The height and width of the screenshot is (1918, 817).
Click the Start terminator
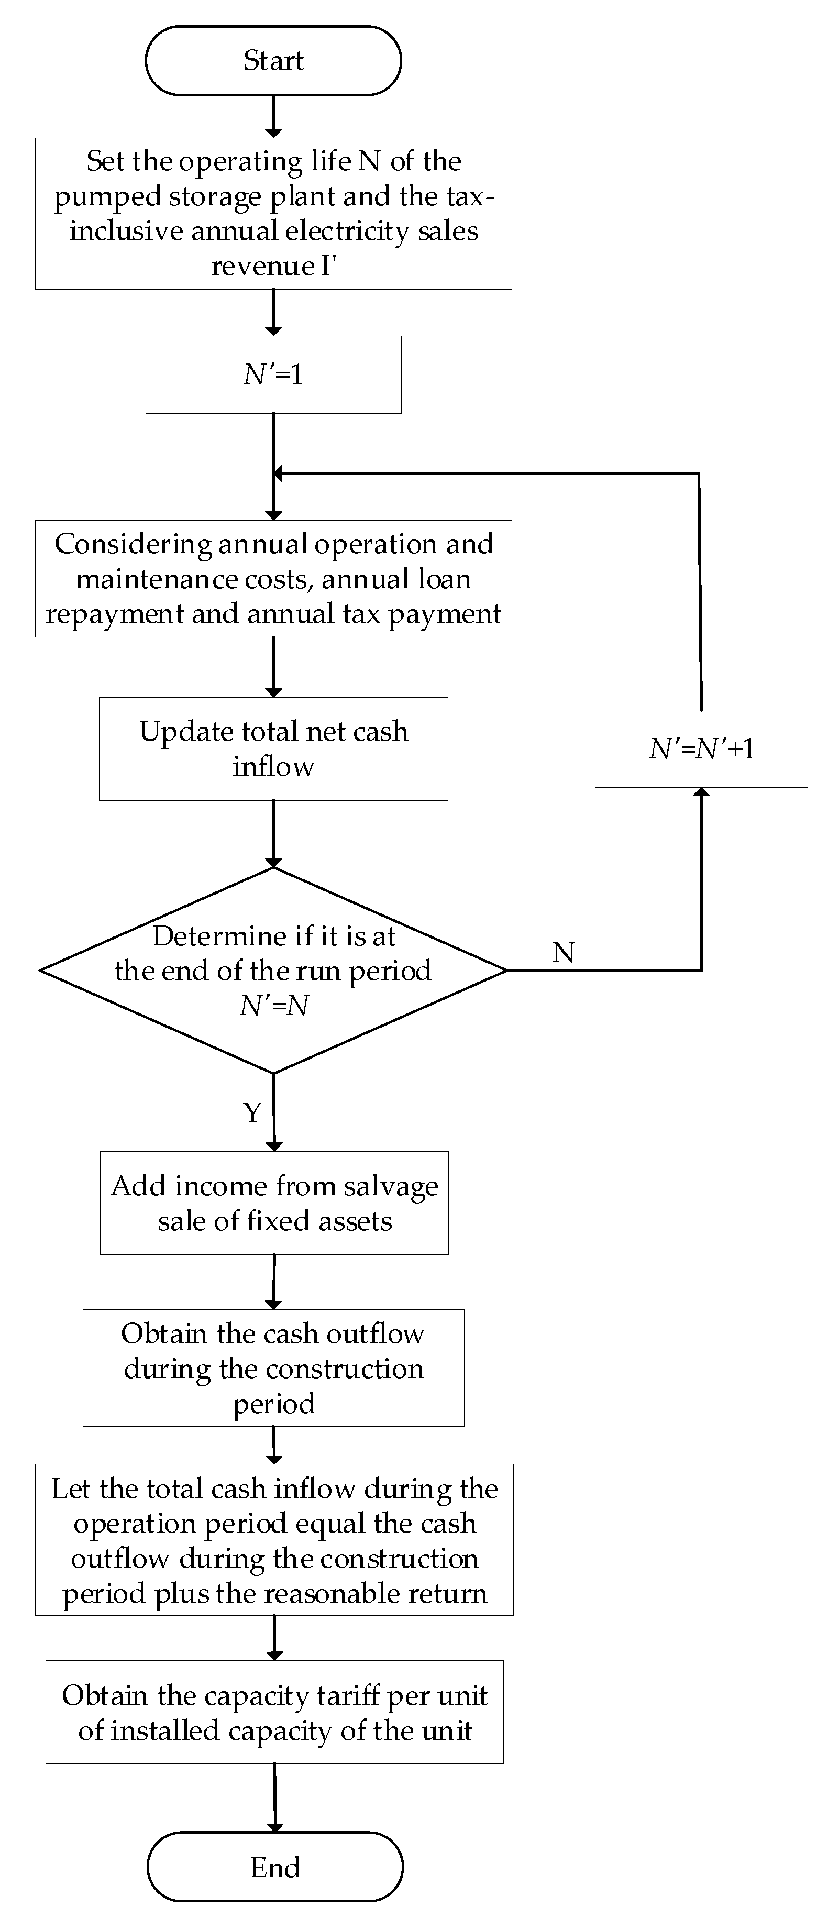point(273,60)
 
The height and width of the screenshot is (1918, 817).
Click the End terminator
point(275,1867)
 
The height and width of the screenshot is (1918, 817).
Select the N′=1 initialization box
point(273,374)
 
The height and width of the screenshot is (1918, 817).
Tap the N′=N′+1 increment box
point(701,748)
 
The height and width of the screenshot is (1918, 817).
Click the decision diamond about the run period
point(273,970)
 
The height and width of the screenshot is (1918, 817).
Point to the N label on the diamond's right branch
point(564,952)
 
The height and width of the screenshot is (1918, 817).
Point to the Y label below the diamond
point(252,1112)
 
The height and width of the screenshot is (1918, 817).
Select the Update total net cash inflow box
point(273,748)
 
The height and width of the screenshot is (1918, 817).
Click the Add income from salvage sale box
point(274,1203)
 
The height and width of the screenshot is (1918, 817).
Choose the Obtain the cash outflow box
point(273,1367)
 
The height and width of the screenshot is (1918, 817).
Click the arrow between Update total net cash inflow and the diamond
point(273,834)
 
